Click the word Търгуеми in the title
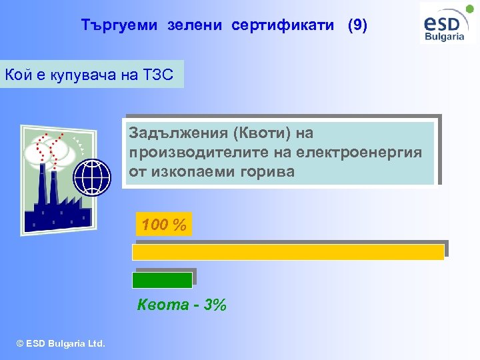coord(119,25)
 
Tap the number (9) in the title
coord(357,25)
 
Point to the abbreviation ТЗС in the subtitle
coord(157,75)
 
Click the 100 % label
coord(163,225)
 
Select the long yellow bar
coord(288,252)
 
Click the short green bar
coord(163,279)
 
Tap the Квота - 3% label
coord(181,305)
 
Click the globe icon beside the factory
coord(91,177)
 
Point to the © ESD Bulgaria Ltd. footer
coord(61,344)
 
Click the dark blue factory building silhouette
coord(53,210)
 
